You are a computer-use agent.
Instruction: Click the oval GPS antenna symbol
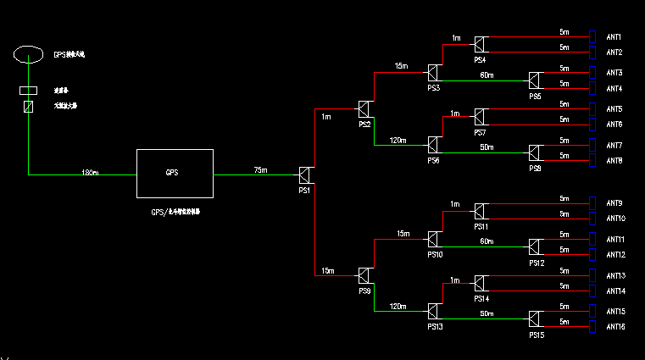pyautogui.click(x=28, y=54)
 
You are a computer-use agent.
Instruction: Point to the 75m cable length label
pyautogui.click(x=261, y=171)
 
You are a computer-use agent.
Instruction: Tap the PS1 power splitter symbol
pyautogui.click(x=306, y=175)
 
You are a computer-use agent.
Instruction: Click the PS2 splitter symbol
pyautogui.click(x=364, y=109)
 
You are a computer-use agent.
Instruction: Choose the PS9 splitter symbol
pyautogui.click(x=364, y=275)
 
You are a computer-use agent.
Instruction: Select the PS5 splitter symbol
pyautogui.click(x=535, y=81)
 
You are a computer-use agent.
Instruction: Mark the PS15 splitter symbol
pyautogui.click(x=535, y=319)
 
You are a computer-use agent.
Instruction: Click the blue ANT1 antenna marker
pyautogui.click(x=593, y=37)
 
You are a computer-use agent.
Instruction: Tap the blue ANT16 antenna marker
pyautogui.click(x=593, y=327)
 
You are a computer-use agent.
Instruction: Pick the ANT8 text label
pyautogui.click(x=614, y=161)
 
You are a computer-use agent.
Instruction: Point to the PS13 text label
pyautogui.click(x=434, y=326)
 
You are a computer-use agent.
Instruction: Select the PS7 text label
pyautogui.click(x=480, y=133)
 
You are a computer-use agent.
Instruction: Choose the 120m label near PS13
pyautogui.click(x=397, y=306)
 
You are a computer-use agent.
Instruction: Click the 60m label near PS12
pyautogui.click(x=487, y=242)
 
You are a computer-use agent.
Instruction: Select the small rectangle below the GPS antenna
pyautogui.click(x=28, y=90)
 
